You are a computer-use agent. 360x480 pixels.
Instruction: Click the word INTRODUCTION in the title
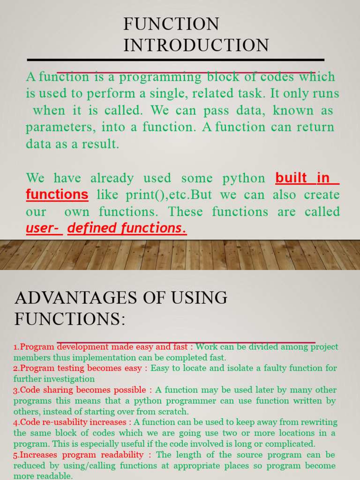(x=196, y=45)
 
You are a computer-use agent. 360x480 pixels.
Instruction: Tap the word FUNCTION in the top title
(x=171, y=24)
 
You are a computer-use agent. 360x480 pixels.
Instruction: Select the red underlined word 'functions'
(x=57, y=194)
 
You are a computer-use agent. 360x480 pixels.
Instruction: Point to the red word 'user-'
(x=44, y=228)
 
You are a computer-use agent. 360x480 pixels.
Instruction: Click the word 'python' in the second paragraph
(x=244, y=178)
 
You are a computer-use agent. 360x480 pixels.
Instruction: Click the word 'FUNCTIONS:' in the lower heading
(x=70, y=319)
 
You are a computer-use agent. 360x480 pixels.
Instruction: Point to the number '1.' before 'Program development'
(x=16, y=347)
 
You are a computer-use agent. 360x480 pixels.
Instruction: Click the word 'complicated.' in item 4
(x=292, y=444)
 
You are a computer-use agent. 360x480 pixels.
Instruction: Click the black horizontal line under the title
(x=176, y=60)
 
